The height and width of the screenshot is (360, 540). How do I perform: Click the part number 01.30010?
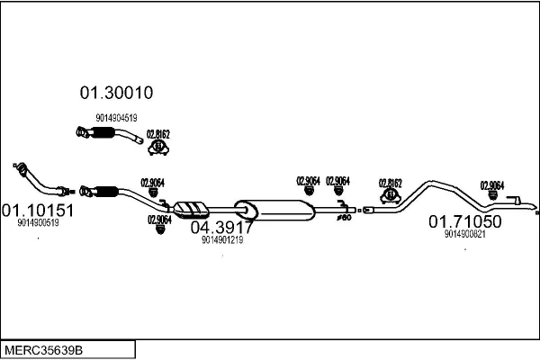click(x=117, y=93)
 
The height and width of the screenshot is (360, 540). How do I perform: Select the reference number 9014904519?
click(x=116, y=117)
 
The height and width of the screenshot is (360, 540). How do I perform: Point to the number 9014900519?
click(x=38, y=223)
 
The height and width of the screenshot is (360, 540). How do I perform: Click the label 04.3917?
click(x=221, y=228)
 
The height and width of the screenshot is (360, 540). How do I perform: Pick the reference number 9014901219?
click(x=222, y=240)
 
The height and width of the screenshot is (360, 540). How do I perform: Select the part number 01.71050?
click(x=464, y=221)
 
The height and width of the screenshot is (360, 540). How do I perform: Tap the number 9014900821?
click(x=464, y=234)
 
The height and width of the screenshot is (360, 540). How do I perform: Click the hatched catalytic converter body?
click(x=190, y=209)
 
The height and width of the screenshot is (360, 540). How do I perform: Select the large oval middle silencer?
click(x=274, y=209)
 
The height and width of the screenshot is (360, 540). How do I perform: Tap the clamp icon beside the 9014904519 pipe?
click(x=158, y=147)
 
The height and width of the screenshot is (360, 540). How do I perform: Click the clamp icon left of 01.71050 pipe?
click(x=391, y=194)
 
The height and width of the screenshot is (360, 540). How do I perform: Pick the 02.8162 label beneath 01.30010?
click(x=158, y=134)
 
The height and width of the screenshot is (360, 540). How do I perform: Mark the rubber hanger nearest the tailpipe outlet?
click(x=492, y=195)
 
